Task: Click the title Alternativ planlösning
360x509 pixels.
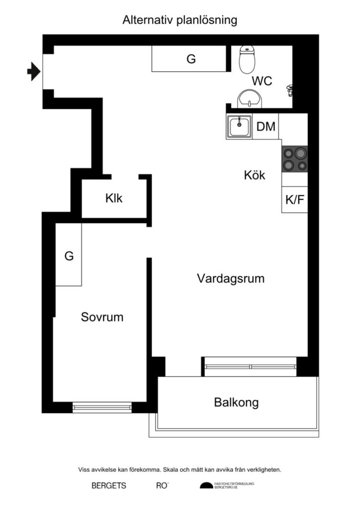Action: (x=180, y=20)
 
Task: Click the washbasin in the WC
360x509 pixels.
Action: (x=249, y=98)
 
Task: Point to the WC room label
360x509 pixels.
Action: (x=262, y=81)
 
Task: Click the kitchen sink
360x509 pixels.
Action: (x=240, y=126)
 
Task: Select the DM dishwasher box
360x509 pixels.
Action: (x=266, y=127)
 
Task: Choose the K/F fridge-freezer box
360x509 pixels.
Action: (x=294, y=200)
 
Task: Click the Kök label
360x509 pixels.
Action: (x=254, y=175)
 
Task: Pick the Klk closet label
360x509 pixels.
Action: (x=113, y=198)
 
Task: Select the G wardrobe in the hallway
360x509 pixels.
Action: (x=191, y=59)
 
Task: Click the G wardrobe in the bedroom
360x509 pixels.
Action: (x=69, y=255)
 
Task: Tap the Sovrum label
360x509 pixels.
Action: (x=102, y=317)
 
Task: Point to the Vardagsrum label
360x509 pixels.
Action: (x=230, y=278)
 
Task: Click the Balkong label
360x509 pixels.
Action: (x=236, y=402)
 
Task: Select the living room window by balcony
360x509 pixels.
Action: (x=251, y=366)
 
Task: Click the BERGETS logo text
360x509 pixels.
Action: (x=109, y=486)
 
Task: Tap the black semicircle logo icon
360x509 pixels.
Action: (x=206, y=486)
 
